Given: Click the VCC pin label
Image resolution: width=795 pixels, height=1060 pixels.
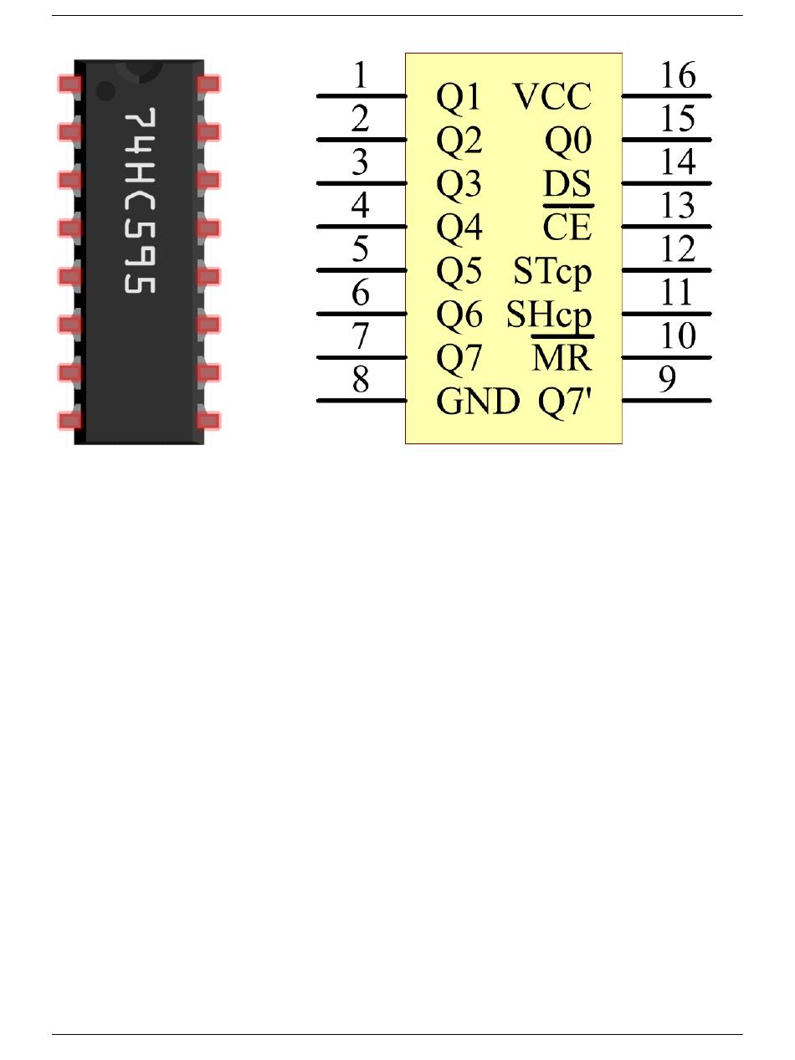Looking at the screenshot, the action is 552,96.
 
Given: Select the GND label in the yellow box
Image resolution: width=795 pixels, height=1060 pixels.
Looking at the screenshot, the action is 478,401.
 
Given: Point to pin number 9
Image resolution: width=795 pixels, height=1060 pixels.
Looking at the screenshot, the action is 668,379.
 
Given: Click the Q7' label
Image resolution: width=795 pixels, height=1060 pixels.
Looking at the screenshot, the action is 564,402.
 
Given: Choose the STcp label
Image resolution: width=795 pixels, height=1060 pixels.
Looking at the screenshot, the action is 552,271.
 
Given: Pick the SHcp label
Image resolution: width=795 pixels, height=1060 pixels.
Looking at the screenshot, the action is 549,315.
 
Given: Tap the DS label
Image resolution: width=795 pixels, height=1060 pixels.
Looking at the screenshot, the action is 567,183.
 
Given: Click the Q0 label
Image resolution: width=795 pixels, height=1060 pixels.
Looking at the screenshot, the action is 568,141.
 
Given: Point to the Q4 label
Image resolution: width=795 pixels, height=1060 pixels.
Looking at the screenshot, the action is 459,228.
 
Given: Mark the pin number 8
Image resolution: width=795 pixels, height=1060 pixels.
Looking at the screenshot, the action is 361,379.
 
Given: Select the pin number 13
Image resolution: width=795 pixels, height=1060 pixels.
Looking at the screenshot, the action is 678,205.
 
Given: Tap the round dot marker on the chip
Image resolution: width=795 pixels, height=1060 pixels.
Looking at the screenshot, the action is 105,90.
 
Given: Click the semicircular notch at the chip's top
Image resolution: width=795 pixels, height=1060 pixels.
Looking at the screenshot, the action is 141,71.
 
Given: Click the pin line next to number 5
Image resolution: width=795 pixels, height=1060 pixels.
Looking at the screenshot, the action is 362,270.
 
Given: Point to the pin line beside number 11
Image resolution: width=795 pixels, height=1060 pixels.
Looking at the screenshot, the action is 666,314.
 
